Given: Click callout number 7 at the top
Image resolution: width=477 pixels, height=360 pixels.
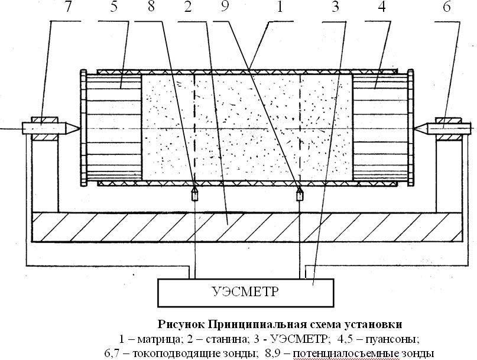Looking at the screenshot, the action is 68,7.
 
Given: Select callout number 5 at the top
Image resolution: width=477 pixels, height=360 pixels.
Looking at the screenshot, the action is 113,7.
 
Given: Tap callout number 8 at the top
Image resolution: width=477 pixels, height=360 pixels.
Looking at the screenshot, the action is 151,7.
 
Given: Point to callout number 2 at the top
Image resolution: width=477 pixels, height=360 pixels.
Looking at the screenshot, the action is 189,7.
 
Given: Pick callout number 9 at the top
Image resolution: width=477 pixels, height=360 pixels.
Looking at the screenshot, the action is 225,7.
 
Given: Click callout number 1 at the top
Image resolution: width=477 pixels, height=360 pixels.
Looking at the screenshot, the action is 279,7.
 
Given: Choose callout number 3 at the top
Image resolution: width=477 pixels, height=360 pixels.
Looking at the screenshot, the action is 335,7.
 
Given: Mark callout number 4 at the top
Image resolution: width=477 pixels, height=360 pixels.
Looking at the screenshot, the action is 381,7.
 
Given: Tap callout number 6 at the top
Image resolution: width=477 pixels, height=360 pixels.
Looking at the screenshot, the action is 447,7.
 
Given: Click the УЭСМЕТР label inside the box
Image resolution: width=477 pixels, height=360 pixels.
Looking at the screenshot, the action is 245,291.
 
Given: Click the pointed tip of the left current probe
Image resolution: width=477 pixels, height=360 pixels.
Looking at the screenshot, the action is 80,128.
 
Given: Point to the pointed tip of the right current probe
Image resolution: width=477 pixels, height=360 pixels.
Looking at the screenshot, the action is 414,128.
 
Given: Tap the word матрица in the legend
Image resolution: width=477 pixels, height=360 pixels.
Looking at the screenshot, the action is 160,339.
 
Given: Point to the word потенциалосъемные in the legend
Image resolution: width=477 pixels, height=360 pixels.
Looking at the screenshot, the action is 346,353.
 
